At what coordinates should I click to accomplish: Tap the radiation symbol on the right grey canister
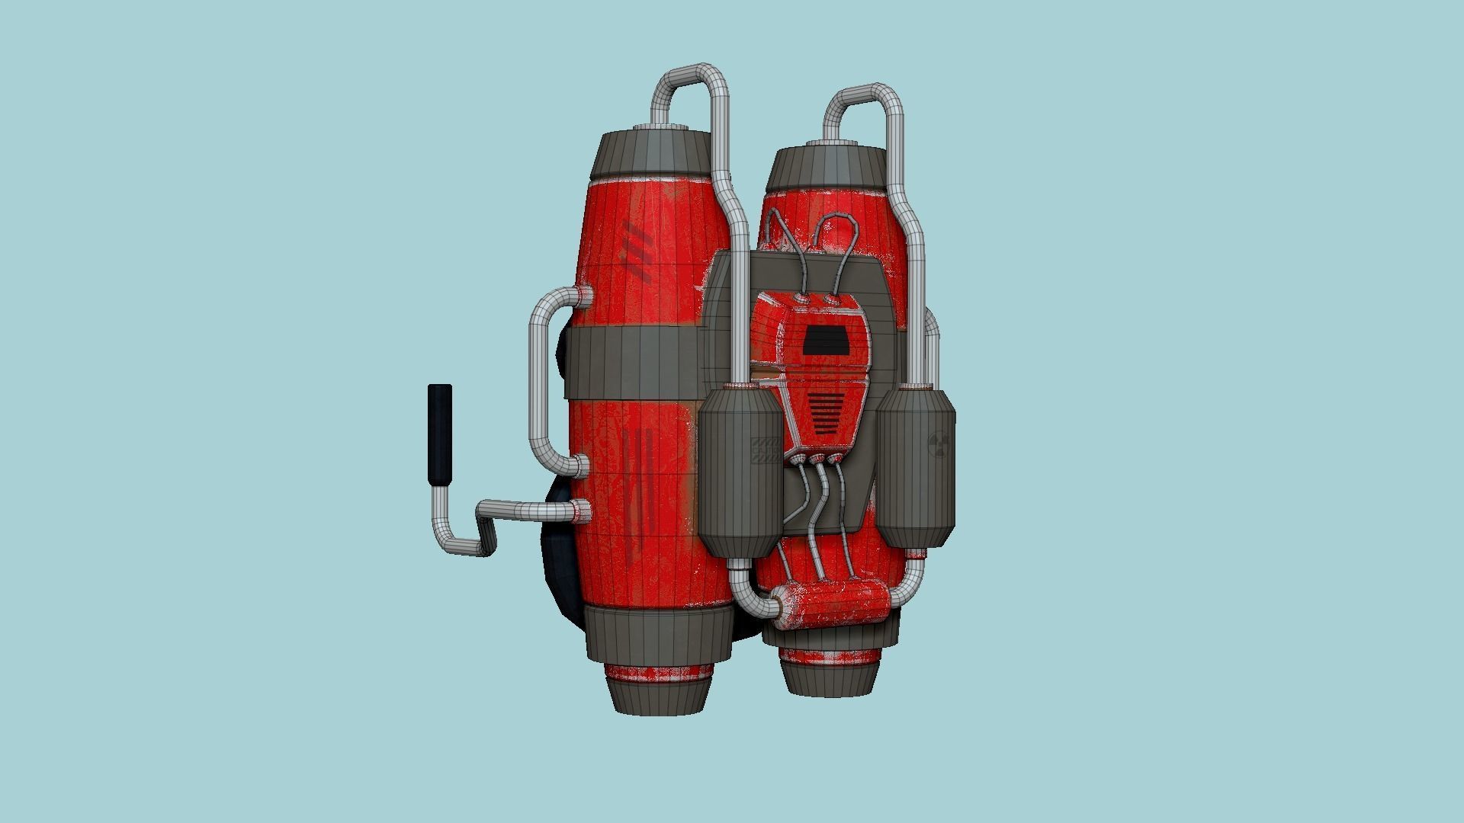pos(939,446)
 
